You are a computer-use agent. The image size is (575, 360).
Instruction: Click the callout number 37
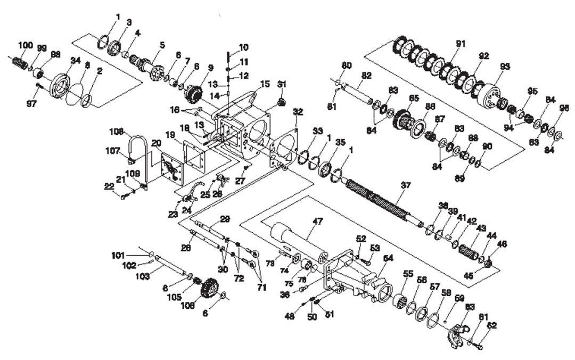tap(406, 185)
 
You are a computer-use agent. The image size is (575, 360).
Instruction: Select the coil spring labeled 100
tap(20, 62)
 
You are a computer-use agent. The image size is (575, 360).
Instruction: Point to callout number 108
tap(117, 131)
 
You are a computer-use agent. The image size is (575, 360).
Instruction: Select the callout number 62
tap(491, 324)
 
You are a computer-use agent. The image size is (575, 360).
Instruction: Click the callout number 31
tap(282, 84)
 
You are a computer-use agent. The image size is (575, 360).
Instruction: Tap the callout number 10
tap(243, 47)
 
